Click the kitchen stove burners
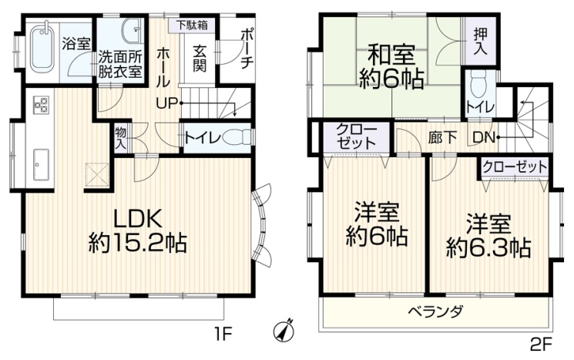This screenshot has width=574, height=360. point(39,105)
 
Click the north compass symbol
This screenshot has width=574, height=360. point(284,332)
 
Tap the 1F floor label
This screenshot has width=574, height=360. point(223,334)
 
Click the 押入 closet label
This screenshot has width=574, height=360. point(480,42)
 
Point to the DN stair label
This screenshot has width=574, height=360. point(485,138)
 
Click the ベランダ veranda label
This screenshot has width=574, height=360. point(435,312)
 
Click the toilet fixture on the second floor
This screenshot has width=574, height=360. point(478,84)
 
